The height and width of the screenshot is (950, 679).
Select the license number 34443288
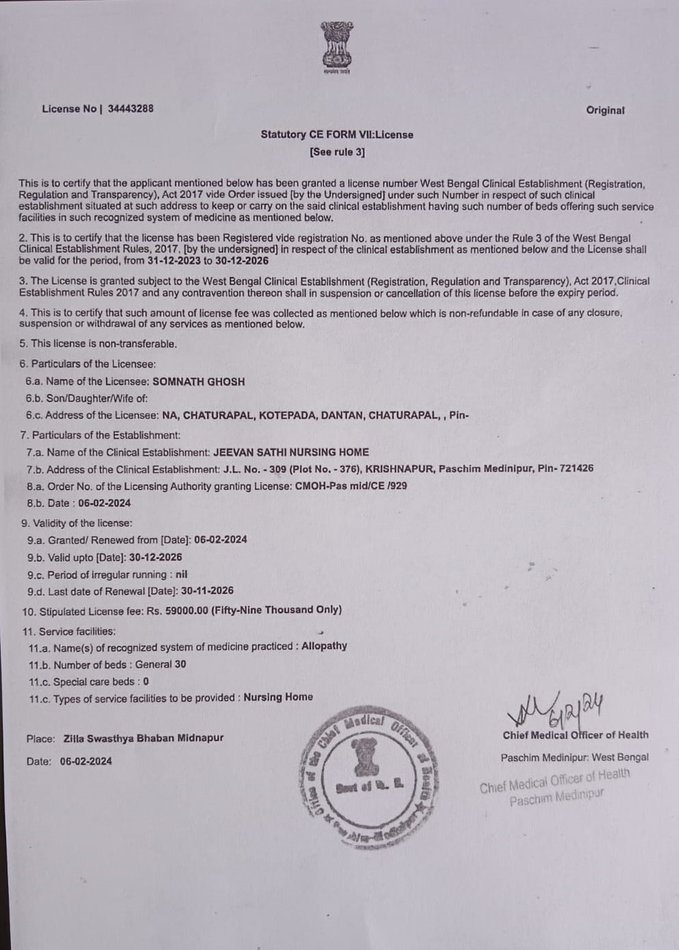pos(130,108)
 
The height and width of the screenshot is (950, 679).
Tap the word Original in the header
pos(605,110)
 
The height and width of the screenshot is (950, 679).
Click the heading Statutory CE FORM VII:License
pos(336,134)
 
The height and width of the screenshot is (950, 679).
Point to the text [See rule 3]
pos(337,151)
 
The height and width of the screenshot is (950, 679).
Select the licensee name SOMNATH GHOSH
pos(198,382)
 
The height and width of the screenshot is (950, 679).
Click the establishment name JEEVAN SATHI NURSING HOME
pos(291,452)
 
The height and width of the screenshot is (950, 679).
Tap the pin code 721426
pos(576,468)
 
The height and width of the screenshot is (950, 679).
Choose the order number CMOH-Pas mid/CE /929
pos(350,486)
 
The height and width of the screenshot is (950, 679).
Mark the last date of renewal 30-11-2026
pos(207,590)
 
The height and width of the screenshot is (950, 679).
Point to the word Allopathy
pos(324,646)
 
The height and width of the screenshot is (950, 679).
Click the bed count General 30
pos(160,664)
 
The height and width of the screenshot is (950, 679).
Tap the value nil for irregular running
pos(181,575)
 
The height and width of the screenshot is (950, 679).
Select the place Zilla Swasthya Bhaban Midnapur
pos(143,738)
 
